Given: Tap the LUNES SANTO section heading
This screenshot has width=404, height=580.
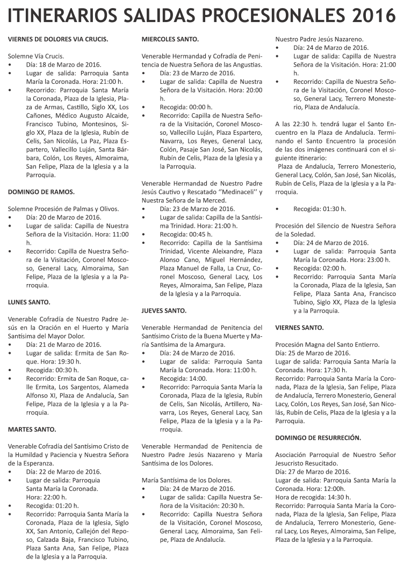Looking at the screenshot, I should pyautogui.click(x=29, y=302).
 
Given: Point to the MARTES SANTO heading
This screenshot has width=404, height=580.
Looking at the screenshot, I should pyautogui.click(x=32, y=429).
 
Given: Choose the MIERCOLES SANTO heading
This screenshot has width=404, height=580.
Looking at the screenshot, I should pyautogui.click(x=170, y=39).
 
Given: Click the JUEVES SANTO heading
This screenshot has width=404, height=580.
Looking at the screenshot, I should pyautogui.click(x=164, y=310).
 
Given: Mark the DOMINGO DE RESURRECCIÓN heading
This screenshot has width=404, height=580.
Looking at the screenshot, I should pyautogui.click(x=318, y=438).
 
